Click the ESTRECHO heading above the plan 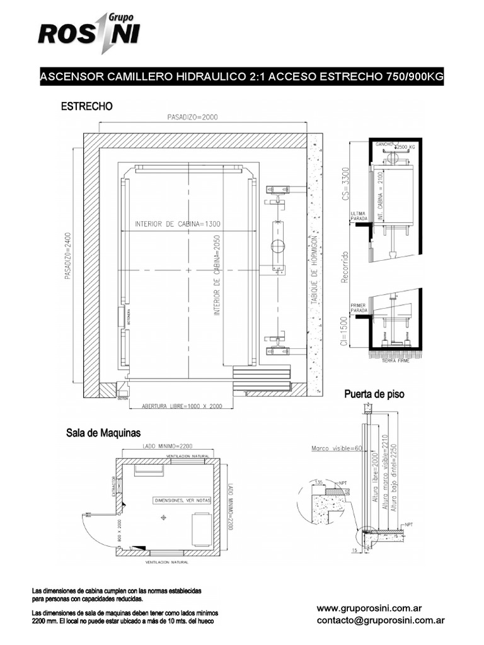point(86,107)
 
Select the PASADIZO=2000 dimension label point(193,117)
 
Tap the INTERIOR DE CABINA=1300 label point(177,224)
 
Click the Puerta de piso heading point(374,394)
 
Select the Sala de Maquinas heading point(103,433)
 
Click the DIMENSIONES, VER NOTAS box point(181,500)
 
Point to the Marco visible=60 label point(337,449)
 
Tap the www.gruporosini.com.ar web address point(369,609)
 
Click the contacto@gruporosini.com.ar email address point(381,620)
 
